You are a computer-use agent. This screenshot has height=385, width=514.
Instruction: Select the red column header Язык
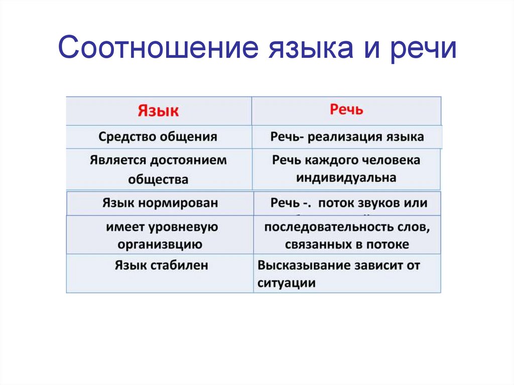click(158, 111)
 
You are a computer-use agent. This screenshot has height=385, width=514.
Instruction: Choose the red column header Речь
click(346, 110)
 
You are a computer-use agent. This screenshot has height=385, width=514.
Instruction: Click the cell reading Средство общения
click(158, 137)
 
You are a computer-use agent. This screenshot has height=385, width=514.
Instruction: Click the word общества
click(158, 179)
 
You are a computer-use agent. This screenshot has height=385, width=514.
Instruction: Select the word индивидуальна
click(346, 178)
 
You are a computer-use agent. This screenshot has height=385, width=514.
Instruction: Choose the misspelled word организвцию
click(160, 244)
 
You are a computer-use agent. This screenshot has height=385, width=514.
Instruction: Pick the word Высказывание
click(300, 265)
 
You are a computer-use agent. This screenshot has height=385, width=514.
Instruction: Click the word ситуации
click(287, 283)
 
